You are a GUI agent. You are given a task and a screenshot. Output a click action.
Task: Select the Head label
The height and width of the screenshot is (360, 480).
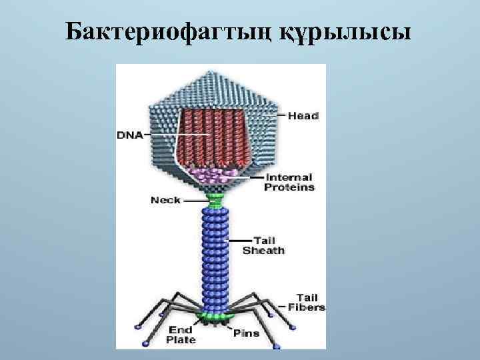(303, 116)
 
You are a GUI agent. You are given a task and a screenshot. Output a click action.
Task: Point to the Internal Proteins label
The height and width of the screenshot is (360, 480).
(289, 183)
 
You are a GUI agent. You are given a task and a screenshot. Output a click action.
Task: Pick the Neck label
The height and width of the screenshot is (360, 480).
(166, 200)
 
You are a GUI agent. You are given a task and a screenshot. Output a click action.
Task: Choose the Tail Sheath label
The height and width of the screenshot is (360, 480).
(263, 245)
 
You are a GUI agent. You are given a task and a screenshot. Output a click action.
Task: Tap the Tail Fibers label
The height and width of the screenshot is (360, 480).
(310, 302)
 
